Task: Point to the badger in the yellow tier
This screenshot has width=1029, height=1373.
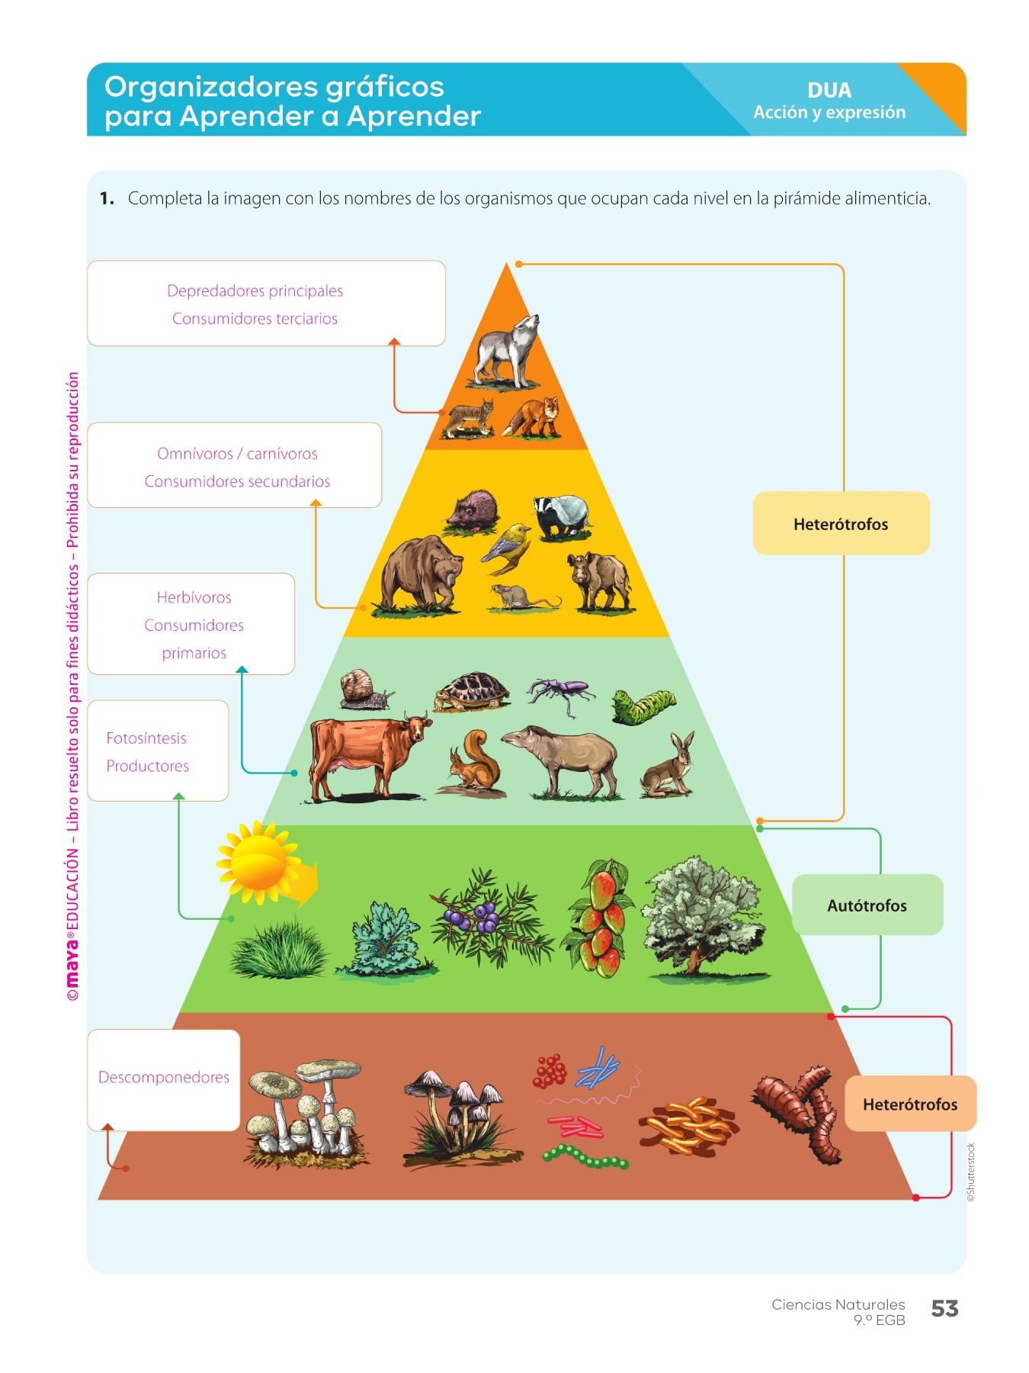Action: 562,516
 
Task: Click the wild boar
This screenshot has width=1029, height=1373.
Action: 601,581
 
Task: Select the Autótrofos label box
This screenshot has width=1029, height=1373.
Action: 867,905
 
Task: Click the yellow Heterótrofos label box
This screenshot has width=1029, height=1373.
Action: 841,524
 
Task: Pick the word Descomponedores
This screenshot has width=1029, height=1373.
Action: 164,1077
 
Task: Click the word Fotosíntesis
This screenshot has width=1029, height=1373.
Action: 146,738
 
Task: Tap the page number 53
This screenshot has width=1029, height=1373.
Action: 944,1309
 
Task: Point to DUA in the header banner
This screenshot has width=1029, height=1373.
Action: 829,90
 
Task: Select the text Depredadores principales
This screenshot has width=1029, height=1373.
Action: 255,291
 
